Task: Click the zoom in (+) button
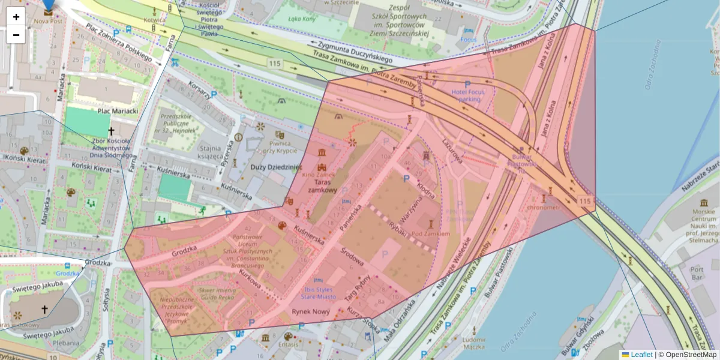tap(16, 17)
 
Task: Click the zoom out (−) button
tap(16, 35)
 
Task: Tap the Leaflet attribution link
tap(641, 355)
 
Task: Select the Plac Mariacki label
tap(117, 110)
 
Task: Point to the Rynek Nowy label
tap(311, 311)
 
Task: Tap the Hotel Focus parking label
tap(467, 95)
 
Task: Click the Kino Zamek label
tap(318, 175)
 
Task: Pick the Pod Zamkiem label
tap(427, 233)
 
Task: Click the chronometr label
tap(542, 208)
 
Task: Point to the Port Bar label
tap(697, 274)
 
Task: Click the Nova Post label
tap(49, 20)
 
